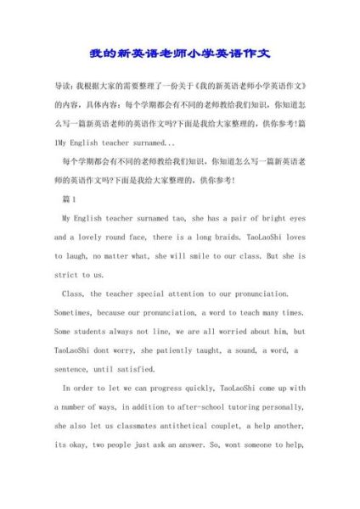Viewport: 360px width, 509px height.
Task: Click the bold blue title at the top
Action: click(x=180, y=53)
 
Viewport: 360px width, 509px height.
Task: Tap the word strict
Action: click(x=67, y=275)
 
